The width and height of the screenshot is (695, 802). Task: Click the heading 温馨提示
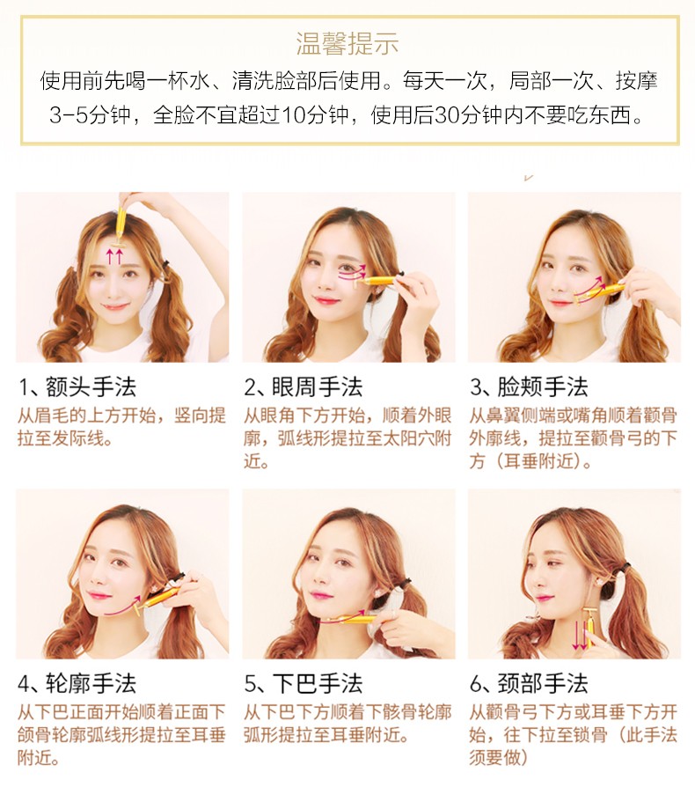pos(347,43)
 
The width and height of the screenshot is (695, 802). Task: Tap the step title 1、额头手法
pos(77,387)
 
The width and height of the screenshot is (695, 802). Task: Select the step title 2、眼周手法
pos(303,387)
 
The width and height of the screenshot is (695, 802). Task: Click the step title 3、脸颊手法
pos(529,387)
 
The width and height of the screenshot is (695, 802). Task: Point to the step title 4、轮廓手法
pos(77,684)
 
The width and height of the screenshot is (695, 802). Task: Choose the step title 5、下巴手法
pos(303,684)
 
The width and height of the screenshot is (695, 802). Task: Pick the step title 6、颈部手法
pos(529,684)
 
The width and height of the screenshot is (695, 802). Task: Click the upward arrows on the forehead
pos(114,256)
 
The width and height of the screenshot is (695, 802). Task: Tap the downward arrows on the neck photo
pos(580,635)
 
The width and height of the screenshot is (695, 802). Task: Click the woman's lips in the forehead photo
pos(115,307)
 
